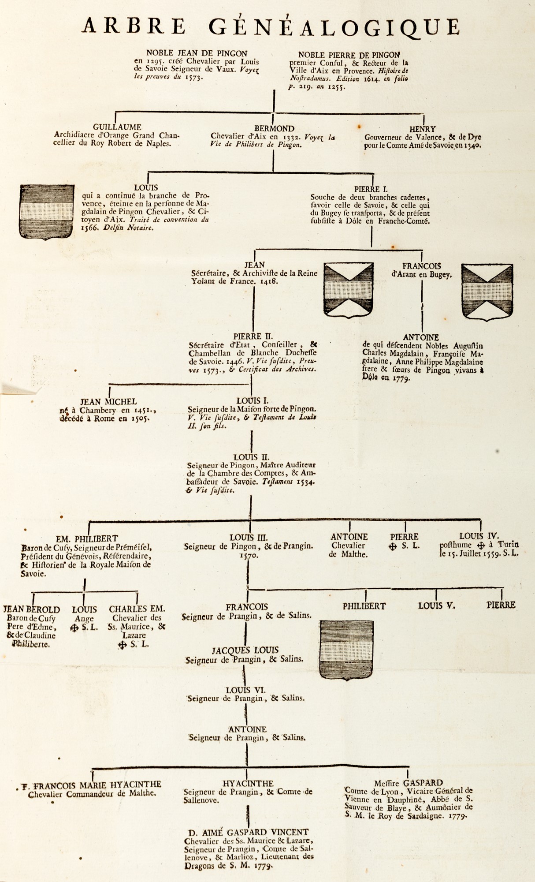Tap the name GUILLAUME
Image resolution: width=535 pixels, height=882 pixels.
point(117,127)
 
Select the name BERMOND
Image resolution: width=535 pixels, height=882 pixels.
point(274,128)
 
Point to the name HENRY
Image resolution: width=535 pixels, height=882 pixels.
point(422,129)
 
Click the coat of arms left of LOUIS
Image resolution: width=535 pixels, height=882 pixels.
point(46,212)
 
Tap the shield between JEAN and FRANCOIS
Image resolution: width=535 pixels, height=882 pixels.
point(348,289)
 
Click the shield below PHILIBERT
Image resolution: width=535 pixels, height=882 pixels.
point(346,650)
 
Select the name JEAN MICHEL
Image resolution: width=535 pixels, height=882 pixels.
point(108,402)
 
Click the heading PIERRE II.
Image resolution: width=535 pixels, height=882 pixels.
point(253,336)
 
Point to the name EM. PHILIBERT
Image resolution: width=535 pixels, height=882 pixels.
point(87,538)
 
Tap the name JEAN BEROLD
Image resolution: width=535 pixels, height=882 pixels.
point(32,609)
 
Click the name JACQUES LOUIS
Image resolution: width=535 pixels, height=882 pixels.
point(245,650)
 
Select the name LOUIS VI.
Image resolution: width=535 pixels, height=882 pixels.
point(246,690)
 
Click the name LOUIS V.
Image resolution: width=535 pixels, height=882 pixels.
point(436,605)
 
